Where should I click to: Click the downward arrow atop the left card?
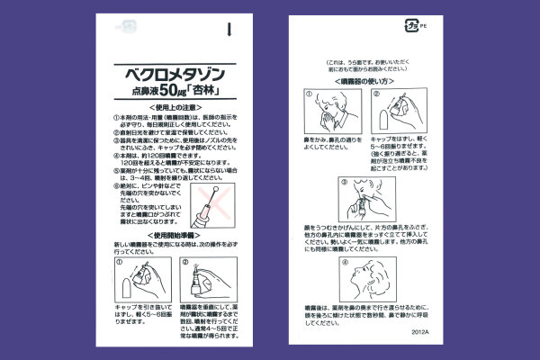[230, 30]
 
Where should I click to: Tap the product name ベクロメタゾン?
[167, 71]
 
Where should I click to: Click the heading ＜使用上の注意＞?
[167, 106]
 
